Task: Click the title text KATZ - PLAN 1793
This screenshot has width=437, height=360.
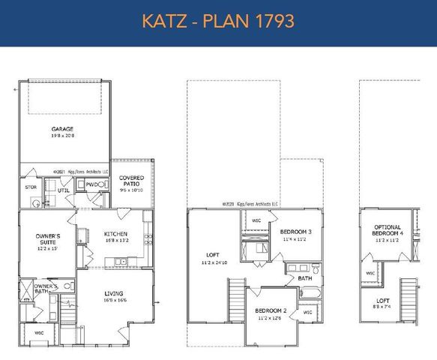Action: pos(218,20)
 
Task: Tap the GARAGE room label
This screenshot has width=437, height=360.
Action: pos(62,129)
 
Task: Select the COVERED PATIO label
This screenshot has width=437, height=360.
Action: pos(132,181)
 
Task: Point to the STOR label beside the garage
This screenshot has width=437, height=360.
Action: pos(31,187)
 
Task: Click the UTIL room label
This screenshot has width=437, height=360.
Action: pos(64,191)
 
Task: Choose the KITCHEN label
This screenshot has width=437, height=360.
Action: pos(115,234)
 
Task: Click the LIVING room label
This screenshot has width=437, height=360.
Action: pos(114,293)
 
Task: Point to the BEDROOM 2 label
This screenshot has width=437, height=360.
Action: pos(269,310)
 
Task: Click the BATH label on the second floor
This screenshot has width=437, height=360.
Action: pos(304,278)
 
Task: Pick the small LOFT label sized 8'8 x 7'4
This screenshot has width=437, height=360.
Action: pos(383,301)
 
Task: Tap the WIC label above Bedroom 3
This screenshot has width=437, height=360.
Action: pos(256,221)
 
